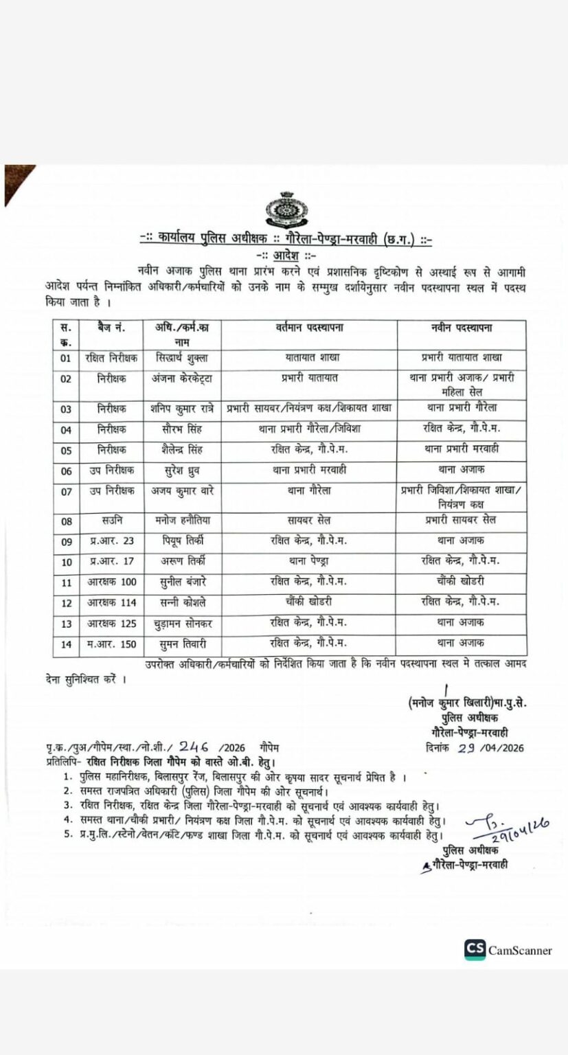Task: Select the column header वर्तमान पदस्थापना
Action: (305, 328)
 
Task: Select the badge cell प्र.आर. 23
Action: (111, 541)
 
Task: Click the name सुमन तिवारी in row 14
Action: (177, 643)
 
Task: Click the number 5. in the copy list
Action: (67, 835)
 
